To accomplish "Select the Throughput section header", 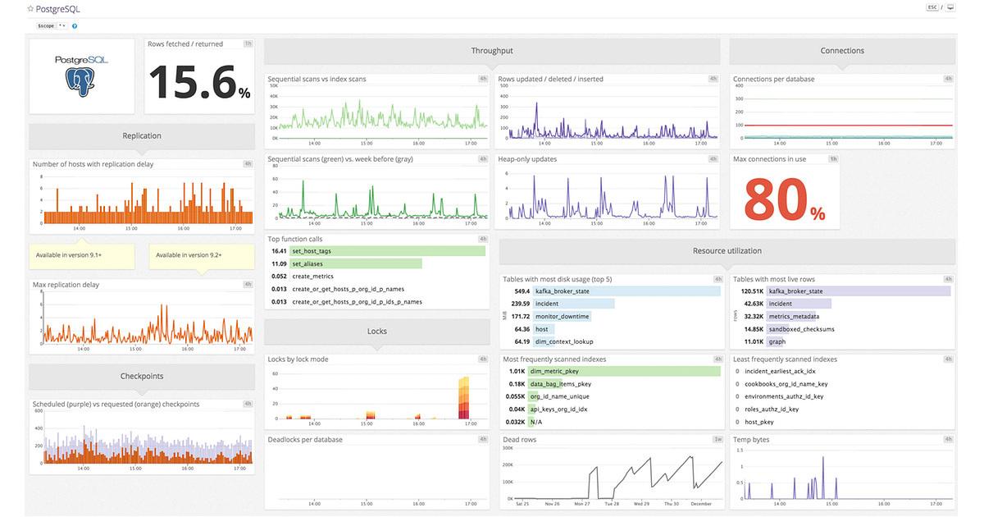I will click(492, 51).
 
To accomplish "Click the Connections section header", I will click(842, 51).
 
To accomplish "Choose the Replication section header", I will click(142, 135).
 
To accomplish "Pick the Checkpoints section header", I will click(142, 376).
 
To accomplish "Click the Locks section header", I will click(376, 331).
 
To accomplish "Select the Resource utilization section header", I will click(727, 250).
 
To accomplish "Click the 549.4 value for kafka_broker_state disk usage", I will click(522, 291).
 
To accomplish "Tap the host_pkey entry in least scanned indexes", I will click(760, 422).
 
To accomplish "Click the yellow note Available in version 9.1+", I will click(82, 255).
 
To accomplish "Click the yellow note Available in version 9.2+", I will click(202, 255).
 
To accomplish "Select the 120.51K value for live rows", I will click(752, 291).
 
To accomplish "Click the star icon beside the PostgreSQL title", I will click(30, 8).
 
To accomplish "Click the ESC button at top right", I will click(932, 7).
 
